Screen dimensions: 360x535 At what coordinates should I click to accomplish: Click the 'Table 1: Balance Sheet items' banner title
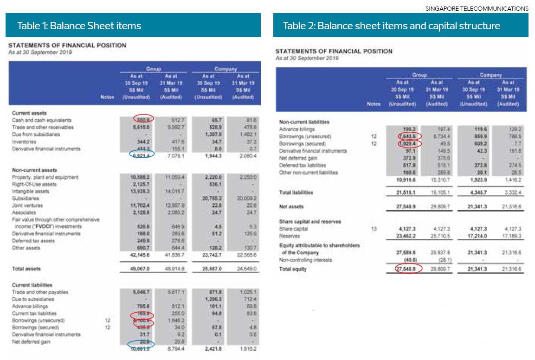[x=79, y=26]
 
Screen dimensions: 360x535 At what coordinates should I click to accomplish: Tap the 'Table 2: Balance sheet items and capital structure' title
[x=392, y=26]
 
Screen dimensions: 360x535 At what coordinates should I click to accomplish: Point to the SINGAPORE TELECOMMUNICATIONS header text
[x=477, y=8]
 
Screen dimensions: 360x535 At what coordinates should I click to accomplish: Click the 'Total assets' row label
[x=26, y=269]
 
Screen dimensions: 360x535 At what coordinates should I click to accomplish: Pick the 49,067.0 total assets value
[x=138, y=269]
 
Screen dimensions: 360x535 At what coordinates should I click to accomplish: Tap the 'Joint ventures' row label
[x=27, y=206]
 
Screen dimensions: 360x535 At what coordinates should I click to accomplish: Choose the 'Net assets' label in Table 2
[x=291, y=206]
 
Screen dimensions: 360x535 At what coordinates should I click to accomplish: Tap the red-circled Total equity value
[x=403, y=269]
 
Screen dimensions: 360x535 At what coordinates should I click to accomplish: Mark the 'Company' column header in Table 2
[x=490, y=75]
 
